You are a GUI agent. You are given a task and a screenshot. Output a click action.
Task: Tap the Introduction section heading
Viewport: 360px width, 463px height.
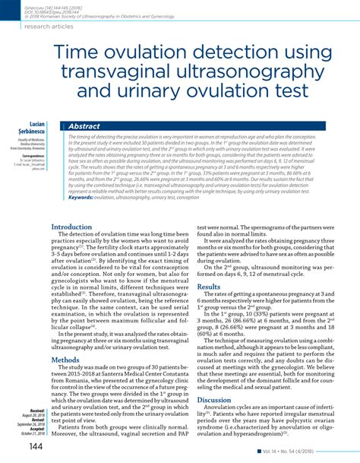pos(74,227)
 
